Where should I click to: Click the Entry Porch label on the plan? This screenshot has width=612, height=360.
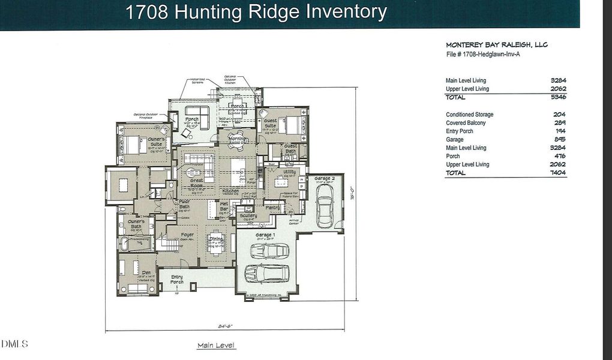pyautogui.click(x=176, y=280)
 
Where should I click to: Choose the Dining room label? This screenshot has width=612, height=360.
pyautogui.click(x=216, y=239)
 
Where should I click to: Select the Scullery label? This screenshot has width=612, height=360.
pyautogui.click(x=248, y=216)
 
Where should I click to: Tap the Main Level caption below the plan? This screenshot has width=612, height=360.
pyautogui.click(x=217, y=346)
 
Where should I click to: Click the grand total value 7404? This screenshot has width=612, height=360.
pyautogui.click(x=558, y=173)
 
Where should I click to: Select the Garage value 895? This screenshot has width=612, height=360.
pyautogui.click(x=559, y=139)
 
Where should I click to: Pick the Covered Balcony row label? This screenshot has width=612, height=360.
pyautogui.click(x=466, y=123)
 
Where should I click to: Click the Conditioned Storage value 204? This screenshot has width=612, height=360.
pyautogui.click(x=559, y=115)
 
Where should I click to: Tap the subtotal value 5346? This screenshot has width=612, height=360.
pyautogui.click(x=558, y=97)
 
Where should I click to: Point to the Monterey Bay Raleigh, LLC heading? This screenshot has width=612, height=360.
pyautogui.click(x=496, y=45)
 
